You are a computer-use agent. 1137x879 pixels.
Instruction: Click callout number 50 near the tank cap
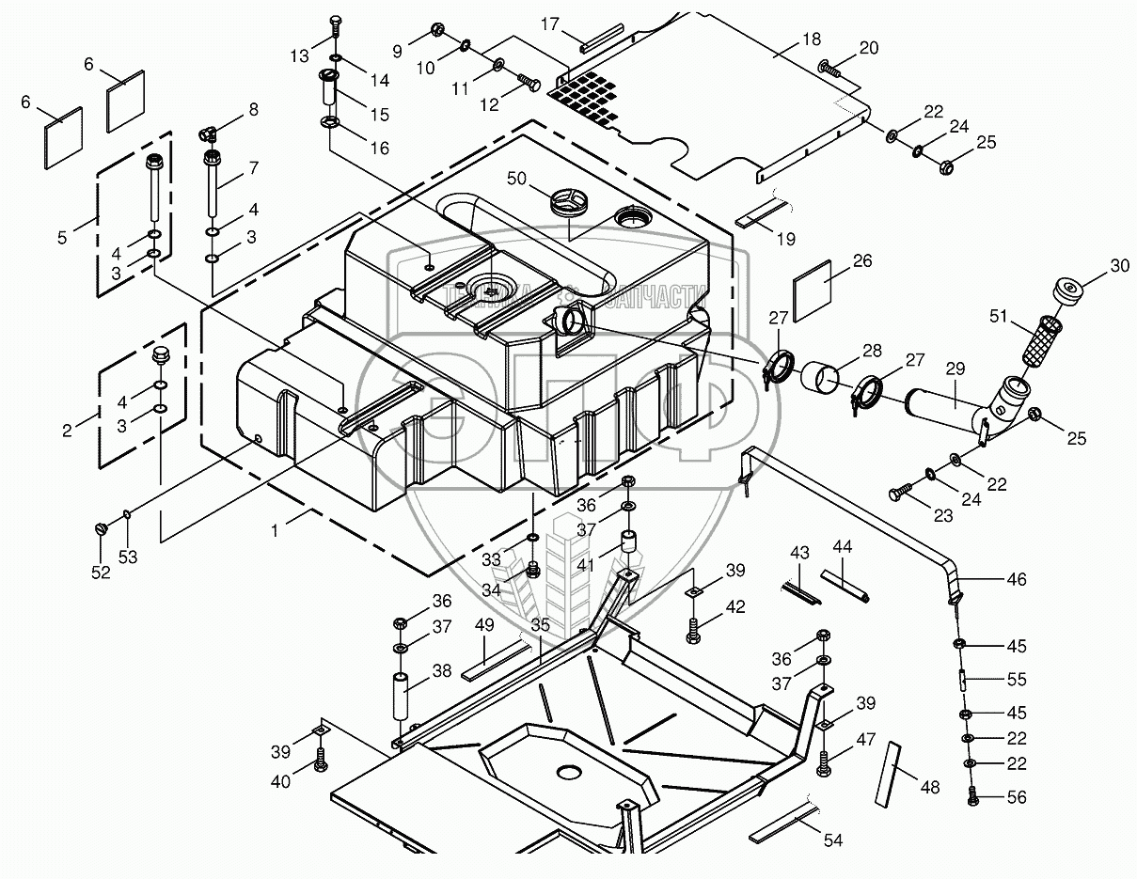(516, 179)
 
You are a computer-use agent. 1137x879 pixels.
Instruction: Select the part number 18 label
(812, 39)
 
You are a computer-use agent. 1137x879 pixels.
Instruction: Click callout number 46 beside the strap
(1016, 579)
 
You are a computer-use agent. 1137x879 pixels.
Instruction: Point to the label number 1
(275, 530)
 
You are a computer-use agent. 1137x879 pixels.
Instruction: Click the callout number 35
(540, 622)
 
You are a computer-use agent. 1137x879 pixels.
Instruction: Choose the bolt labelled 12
(527, 86)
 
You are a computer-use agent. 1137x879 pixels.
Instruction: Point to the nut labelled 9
(437, 31)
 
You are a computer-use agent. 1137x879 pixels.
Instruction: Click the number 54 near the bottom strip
(832, 840)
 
